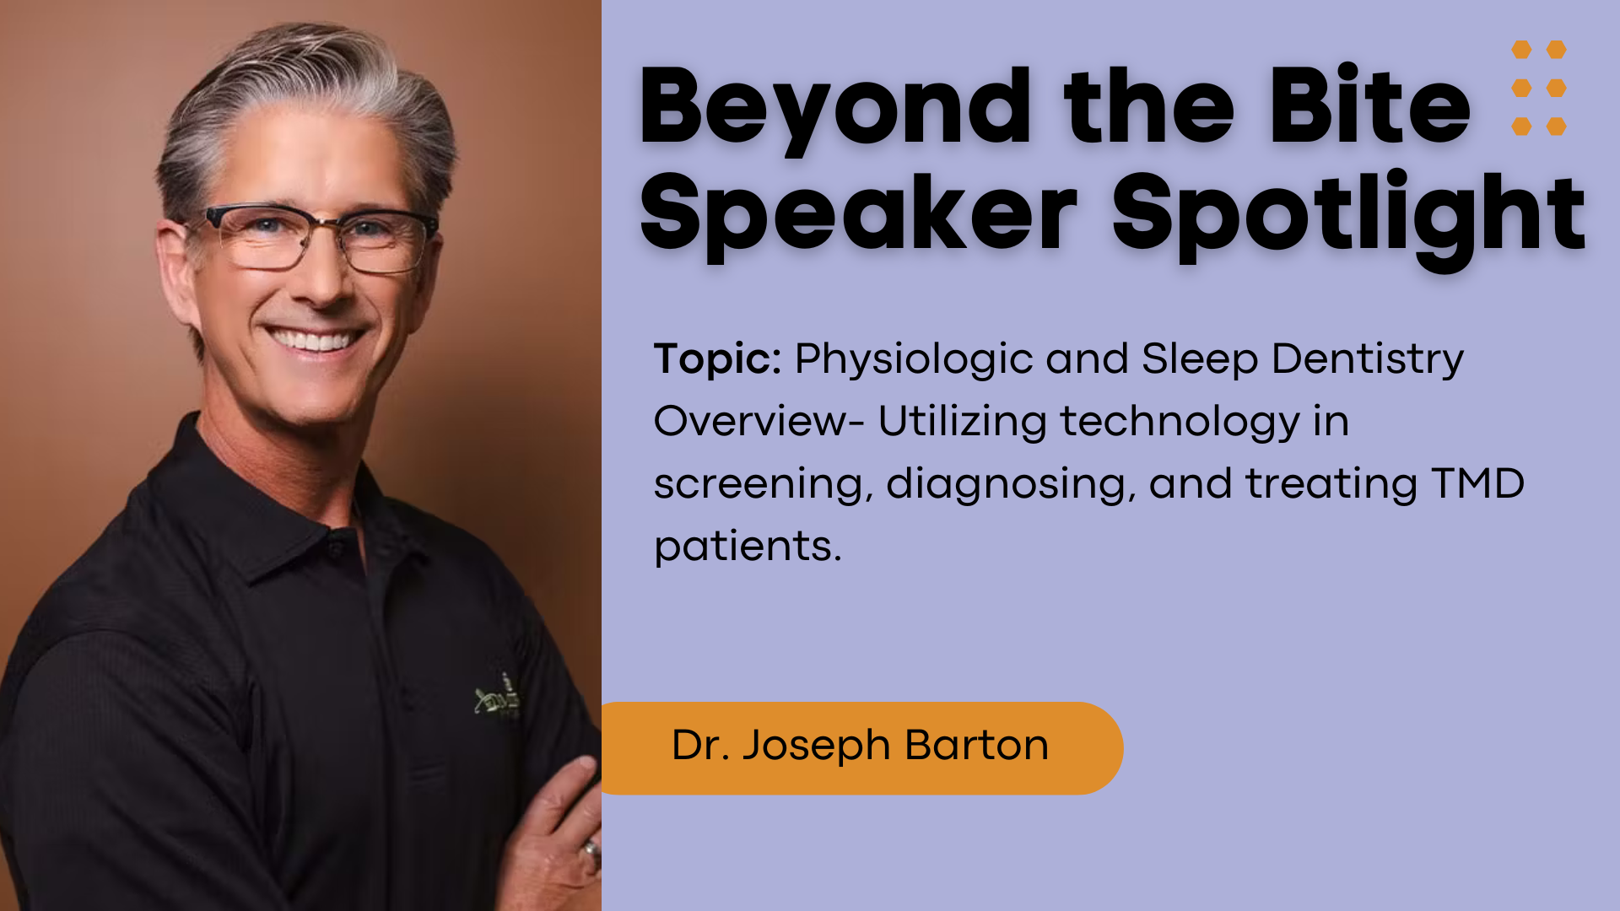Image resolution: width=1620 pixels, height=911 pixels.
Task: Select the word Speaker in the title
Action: coord(858,216)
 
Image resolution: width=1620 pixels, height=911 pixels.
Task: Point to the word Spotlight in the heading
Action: coord(1348,216)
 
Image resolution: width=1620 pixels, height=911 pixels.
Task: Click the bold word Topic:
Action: coord(718,359)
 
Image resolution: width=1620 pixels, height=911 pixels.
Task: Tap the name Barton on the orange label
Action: coord(977,745)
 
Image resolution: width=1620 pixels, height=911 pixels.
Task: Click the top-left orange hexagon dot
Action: coord(1521,50)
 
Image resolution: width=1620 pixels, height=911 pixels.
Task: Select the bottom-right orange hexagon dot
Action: coord(1557,127)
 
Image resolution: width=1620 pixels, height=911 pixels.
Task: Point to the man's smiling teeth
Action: coord(313,340)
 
